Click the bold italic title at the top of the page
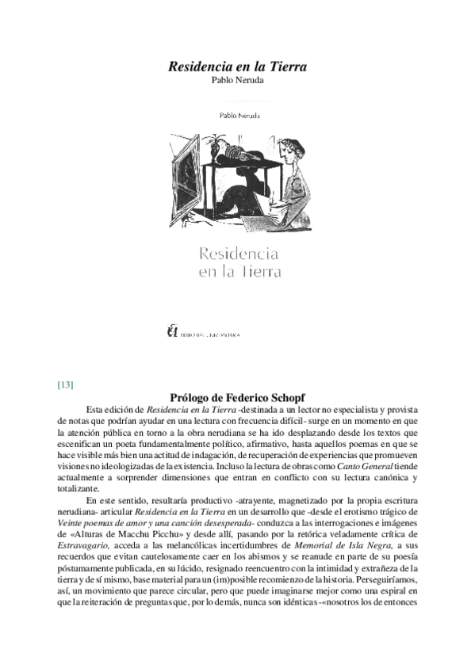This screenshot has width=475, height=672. click(237, 67)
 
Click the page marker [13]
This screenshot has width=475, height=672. click(66, 385)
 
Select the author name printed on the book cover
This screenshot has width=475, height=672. click(237, 116)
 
